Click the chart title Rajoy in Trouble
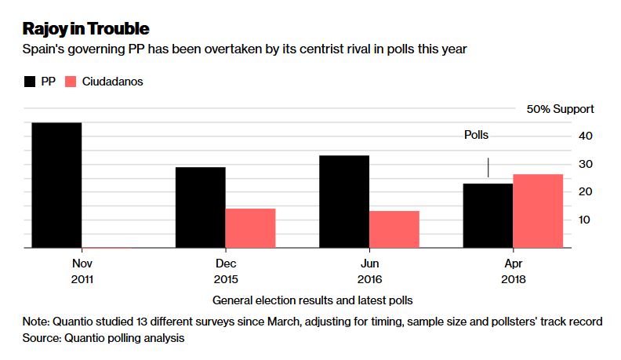85,29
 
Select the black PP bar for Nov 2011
56,185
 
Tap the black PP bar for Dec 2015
200,207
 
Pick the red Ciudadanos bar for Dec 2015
250,228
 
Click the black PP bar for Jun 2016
344,202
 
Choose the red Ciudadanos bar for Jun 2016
394,229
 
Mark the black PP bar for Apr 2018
488,216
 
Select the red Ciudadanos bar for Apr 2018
538,211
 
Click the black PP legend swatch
31,82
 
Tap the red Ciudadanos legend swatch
69,82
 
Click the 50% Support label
560,109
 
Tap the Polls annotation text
476,135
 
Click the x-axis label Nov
82,264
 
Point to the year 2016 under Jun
369,279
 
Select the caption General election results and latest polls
312,300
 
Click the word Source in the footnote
43,338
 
